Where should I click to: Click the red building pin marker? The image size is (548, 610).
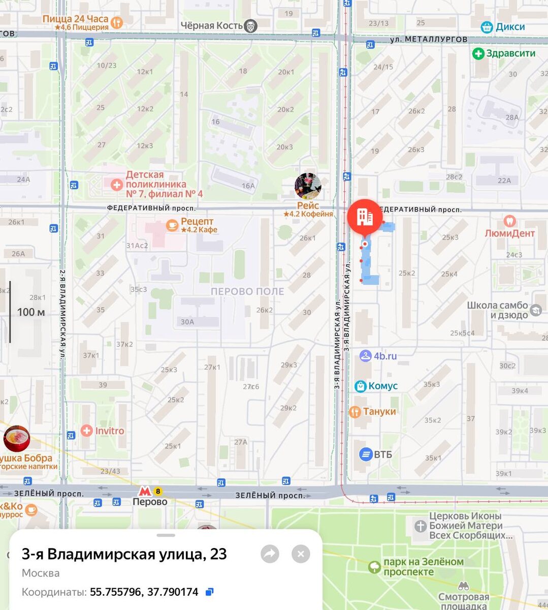[365, 217]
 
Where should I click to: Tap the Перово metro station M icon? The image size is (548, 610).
[145, 492]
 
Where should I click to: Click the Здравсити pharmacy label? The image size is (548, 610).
[510, 53]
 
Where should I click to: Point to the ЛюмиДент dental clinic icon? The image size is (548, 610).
[509, 221]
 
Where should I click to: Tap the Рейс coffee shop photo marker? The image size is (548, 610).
[308, 186]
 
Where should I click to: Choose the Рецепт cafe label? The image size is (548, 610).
[197, 222]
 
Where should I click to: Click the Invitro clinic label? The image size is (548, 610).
[109, 431]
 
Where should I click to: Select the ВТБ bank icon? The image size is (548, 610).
[366, 454]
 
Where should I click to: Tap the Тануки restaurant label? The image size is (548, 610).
[379, 412]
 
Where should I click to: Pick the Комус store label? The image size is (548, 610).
[382, 386]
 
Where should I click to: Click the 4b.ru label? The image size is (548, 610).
[385, 356]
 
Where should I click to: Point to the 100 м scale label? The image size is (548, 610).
[31, 312]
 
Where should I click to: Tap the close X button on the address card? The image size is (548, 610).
[301, 554]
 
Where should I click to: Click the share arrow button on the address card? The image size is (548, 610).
[270, 554]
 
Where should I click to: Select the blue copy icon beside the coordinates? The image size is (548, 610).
[209, 592]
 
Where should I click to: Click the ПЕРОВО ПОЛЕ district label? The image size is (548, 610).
[247, 292]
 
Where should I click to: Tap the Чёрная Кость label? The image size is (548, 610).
[212, 25]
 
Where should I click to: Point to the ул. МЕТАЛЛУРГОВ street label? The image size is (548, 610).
[429, 39]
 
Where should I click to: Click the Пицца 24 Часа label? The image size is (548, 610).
[76, 19]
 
